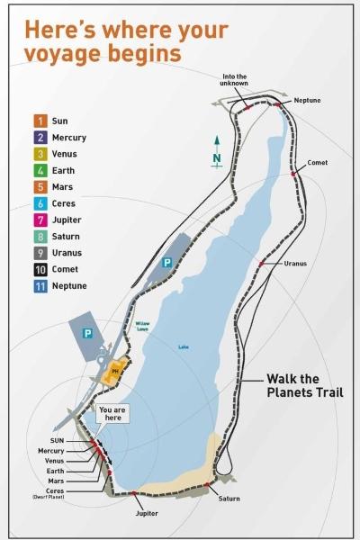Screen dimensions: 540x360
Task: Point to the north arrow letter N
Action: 217,157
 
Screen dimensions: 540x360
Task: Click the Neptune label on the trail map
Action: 307,100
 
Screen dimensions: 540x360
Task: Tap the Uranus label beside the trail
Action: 295,264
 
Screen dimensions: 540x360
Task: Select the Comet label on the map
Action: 317,163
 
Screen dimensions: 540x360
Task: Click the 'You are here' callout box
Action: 112,415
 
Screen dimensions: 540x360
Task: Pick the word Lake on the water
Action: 184,346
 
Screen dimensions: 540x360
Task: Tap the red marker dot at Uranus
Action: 261,263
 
